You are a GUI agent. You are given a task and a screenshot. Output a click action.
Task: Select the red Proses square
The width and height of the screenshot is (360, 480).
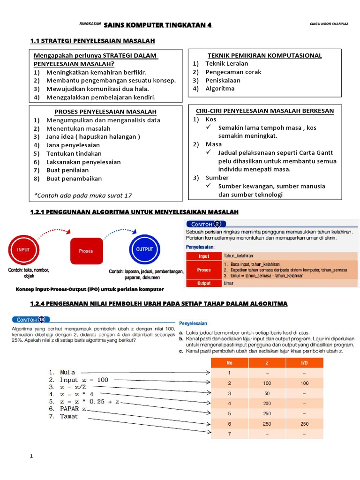pyautogui.click(x=86, y=251)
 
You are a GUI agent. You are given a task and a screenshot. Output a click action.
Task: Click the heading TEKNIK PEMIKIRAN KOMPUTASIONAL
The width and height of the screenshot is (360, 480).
pyautogui.click(x=261, y=55)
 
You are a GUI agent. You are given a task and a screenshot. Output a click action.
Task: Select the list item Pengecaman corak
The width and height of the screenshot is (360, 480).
pyautogui.click(x=233, y=72)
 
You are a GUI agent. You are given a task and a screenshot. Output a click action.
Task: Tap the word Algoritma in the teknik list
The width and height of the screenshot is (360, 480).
pyautogui.click(x=223, y=88)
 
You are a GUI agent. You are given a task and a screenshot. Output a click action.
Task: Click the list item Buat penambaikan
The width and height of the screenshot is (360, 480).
pyautogui.click(x=74, y=179)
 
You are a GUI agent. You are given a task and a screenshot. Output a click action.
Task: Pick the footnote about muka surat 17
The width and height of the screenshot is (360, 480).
pyautogui.click(x=83, y=195)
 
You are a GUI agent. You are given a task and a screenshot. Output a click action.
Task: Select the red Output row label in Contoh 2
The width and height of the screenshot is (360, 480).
pyautogui.click(x=204, y=283)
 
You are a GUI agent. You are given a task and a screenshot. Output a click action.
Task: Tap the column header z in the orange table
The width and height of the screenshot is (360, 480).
pyautogui.click(x=266, y=363)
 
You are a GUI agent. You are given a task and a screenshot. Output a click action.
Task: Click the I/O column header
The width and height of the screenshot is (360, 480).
pyautogui.click(x=304, y=363)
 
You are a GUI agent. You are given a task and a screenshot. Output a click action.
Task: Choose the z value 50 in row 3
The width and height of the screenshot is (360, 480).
pyautogui.click(x=266, y=393)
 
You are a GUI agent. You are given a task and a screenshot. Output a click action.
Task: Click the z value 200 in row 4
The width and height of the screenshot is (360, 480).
pyautogui.click(x=266, y=404)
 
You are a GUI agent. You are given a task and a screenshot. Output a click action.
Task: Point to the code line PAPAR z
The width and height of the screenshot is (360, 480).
pyautogui.click(x=73, y=409)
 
